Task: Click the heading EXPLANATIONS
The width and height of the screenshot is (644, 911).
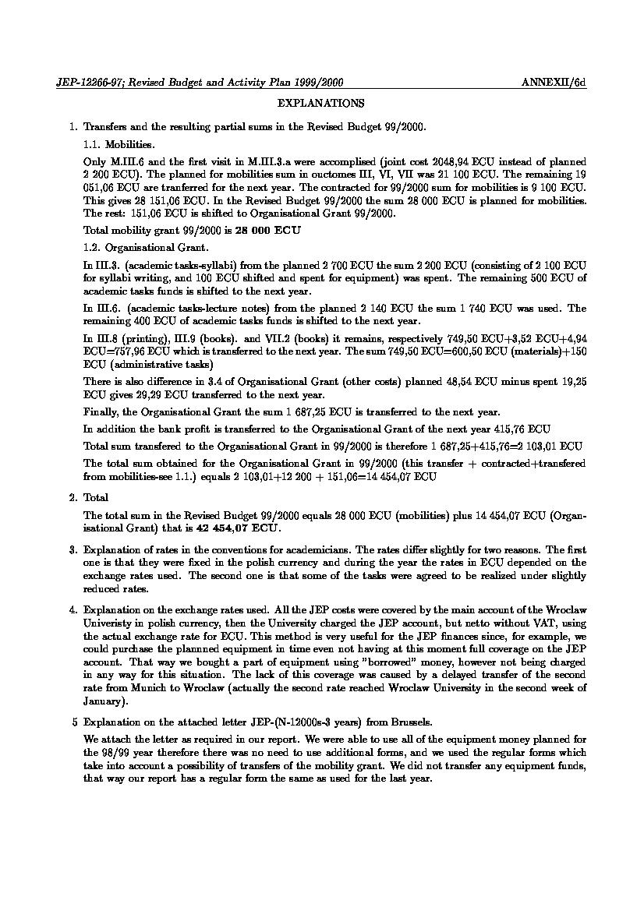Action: click(x=320, y=103)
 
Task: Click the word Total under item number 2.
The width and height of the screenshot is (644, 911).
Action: click(x=96, y=497)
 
